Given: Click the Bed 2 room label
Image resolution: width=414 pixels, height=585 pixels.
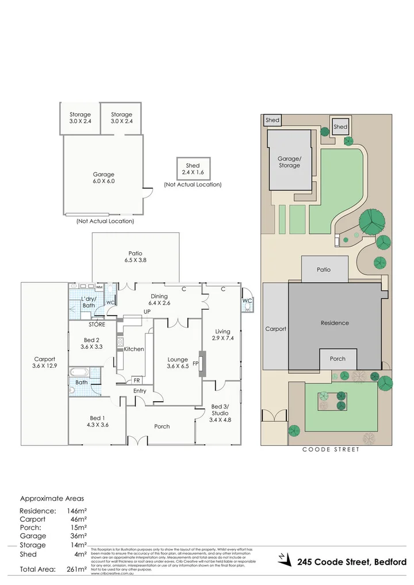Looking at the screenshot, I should tap(79, 343).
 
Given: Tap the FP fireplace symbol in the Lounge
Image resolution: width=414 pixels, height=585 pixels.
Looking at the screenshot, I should tap(195, 363).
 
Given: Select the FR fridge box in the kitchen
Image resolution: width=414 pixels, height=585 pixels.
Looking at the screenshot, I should tap(137, 380).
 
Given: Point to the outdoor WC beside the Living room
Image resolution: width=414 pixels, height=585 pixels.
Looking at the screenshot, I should tap(247, 301).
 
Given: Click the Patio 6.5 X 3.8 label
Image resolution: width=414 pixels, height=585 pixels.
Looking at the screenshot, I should tap(136, 256).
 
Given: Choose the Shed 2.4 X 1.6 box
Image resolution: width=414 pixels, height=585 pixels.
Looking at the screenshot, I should tap(193, 168).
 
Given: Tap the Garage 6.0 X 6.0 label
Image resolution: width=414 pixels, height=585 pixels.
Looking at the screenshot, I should tap(103, 178).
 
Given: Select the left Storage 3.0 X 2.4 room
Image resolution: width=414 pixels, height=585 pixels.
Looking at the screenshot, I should tap(80, 118).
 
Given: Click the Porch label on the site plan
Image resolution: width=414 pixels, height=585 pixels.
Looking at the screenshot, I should tap(338, 359).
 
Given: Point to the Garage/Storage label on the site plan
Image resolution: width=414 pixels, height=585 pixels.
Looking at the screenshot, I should tap(289, 161).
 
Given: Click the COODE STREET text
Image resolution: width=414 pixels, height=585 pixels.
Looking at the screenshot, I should tap(331, 449).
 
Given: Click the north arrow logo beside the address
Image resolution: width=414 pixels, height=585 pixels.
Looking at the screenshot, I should tap(283, 558).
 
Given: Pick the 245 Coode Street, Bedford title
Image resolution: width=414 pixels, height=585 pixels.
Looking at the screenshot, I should tap(352, 561).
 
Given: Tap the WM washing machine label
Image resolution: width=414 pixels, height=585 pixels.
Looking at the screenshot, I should tap(99, 287).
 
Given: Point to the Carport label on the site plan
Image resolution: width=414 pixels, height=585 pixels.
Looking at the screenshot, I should tap(275, 329).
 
